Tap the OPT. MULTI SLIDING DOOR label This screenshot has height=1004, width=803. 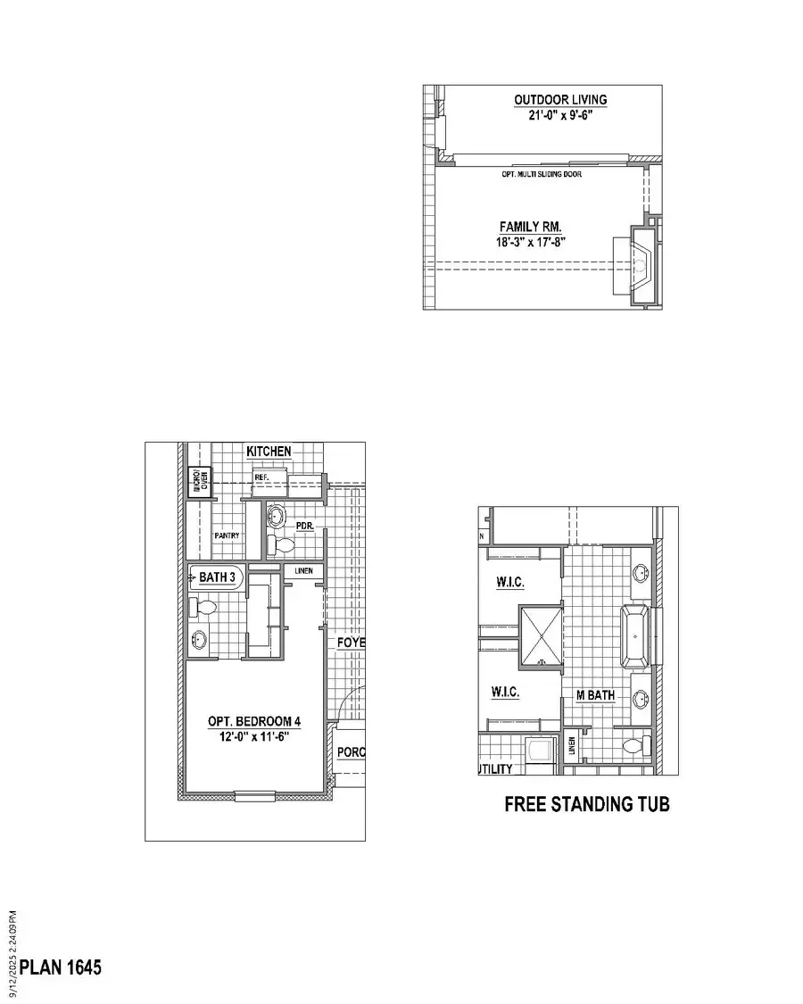542,174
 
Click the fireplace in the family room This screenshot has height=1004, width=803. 641,263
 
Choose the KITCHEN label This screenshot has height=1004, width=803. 269,452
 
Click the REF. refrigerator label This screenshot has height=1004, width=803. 261,478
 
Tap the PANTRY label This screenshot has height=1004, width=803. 227,535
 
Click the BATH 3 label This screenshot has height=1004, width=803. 217,578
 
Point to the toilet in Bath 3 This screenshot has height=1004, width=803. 205,609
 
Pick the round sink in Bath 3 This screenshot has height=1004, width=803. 199,639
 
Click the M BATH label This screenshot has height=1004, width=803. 595,695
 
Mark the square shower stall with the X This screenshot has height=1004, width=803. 541,636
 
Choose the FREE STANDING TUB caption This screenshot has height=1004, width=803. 586,804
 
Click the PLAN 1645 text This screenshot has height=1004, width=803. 61,967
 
